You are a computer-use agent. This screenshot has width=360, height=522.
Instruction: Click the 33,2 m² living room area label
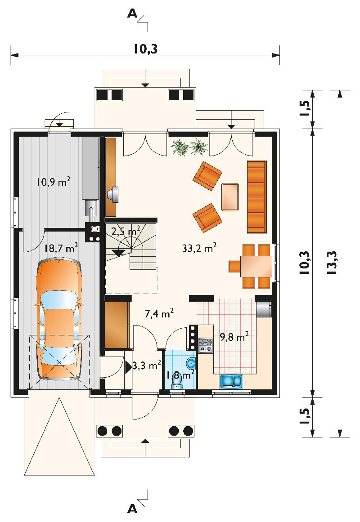pyautogui.click(x=199, y=248)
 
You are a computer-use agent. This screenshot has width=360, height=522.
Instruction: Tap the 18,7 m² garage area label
pyautogui.click(x=61, y=248)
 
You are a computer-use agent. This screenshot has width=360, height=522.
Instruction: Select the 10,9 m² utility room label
pyautogui.click(x=54, y=182)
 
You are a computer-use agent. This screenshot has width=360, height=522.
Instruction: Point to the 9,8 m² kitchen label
pyautogui.click(x=234, y=337)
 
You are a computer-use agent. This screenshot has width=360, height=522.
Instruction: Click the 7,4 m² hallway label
pyautogui.click(x=159, y=313)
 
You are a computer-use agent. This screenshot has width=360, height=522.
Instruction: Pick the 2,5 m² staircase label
pyautogui.click(x=126, y=231)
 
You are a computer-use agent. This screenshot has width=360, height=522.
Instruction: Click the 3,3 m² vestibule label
pyautogui.click(x=147, y=366)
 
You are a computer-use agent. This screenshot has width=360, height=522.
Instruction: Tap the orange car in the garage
pyautogui.click(x=59, y=320)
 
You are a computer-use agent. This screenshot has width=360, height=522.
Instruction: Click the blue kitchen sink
pyautogui.click(x=232, y=381)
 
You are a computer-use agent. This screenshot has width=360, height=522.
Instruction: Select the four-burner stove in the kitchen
pyautogui.click(x=206, y=346)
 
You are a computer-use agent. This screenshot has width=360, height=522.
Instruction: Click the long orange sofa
pyautogui.click(x=256, y=197)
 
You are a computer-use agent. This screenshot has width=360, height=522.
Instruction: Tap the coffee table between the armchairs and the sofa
pyautogui.click(x=230, y=197)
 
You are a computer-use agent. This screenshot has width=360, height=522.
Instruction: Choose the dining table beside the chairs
pyautogui.click(x=256, y=267)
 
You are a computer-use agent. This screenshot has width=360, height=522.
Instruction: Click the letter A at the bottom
pyautogui.click(x=132, y=509)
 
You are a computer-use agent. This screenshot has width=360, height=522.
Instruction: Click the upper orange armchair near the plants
pyautogui.click(x=207, y=176)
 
